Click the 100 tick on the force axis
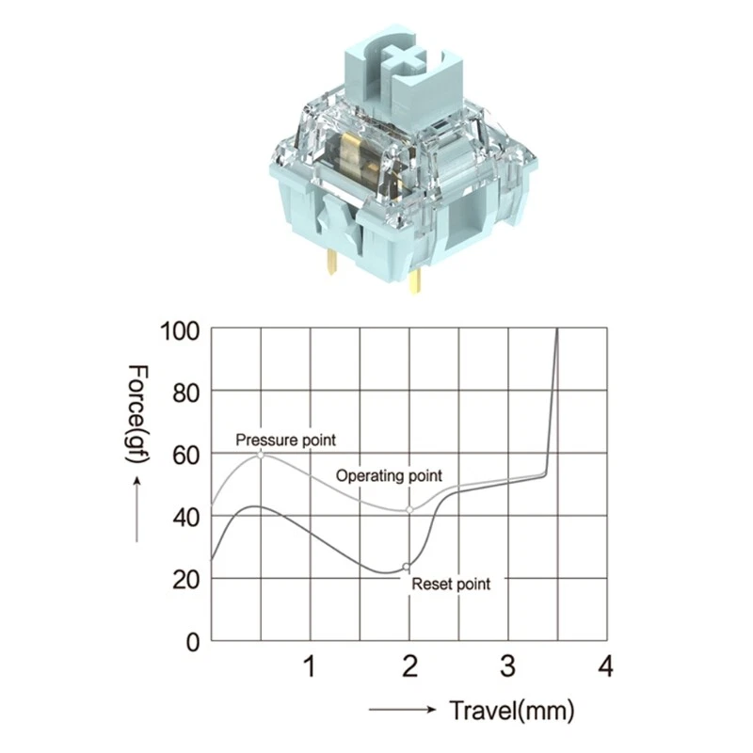point(179,331)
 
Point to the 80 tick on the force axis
point(185,393)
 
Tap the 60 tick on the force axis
point(185,456)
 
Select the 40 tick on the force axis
point(185,518)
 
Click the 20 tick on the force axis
point(185,580)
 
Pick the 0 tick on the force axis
point(193,642)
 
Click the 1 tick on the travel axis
point(311,666)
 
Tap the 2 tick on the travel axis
point(409,666)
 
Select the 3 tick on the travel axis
point(508,666)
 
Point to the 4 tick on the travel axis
point(606,666)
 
